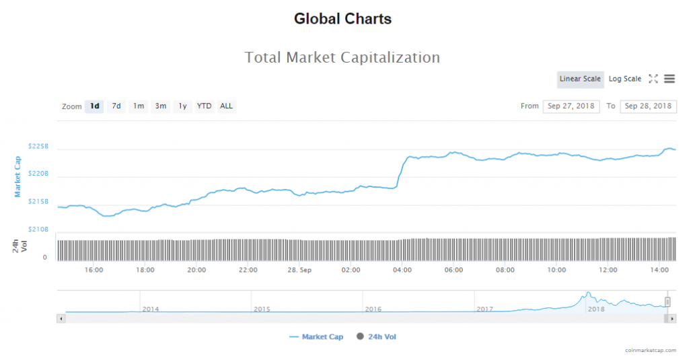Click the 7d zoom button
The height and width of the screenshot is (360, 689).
(x=116, y=106)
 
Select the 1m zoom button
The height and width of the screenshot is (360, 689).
(x=139, y=106)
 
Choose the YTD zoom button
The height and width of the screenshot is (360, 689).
(x=204, y=106)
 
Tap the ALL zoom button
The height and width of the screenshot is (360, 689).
(x=227, y=106)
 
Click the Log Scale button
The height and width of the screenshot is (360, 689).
(x=625, y=79)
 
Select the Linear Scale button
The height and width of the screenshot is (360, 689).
(x=580, y=79)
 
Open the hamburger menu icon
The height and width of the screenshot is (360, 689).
(x=669, y=79)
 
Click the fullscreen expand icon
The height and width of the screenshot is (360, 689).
(x=653, y=79)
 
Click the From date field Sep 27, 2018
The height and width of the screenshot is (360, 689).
(x=571, y=106)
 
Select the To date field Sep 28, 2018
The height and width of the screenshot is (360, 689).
(x=648, y=106)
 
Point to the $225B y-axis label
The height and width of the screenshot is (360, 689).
(x=38, y=146)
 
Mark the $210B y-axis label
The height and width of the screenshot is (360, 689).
(x=38, y=229)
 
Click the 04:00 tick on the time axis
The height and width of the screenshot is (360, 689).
(x=402, y=270)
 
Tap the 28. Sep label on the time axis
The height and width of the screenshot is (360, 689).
(x=299, y=270)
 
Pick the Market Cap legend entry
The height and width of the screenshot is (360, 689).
(x=316, y=337)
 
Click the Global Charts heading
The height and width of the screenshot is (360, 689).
(x=342, y=19)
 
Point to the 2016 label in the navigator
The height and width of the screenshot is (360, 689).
(x=373, y=309)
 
